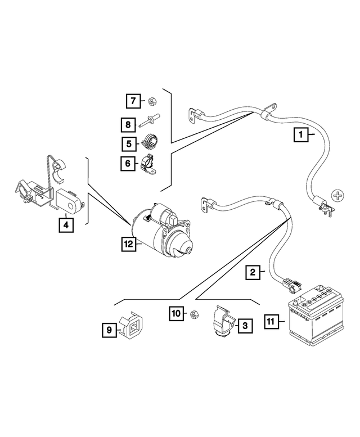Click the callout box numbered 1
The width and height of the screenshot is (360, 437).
tap(301, 134)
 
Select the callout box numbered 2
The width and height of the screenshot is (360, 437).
tap(253, 273)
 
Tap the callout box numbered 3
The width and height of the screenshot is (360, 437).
tap(245, 325)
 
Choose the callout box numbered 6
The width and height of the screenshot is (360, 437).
tap(129, 164)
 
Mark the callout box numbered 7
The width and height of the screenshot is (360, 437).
tap(133, 102)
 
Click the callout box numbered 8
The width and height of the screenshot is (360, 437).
tap(129, 123)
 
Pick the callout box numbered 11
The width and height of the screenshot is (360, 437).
tap(271, 322)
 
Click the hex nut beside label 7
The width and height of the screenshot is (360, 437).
tap(151, 102)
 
